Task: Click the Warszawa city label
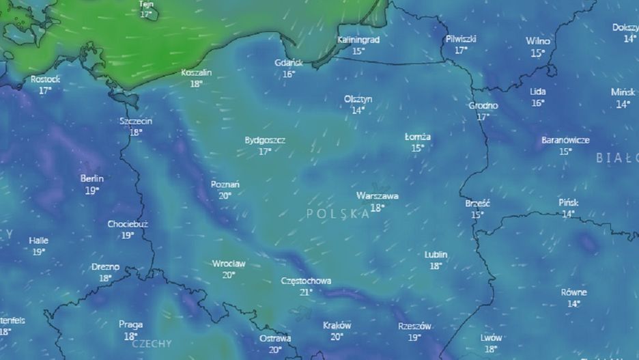click(x=377, y=196)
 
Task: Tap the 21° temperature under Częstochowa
click(x=306, y=292)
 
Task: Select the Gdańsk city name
click(x=288, y=63)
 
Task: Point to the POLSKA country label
click(x=339, y=214)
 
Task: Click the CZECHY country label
click(x=152, y=344)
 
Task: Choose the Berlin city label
click(x=92, y=179)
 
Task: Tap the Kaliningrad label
click(x=358, y=40)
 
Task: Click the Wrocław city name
click(x=229, y=263)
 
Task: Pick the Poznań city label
click(x=225, y=184)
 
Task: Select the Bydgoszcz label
click(x=265, y=140)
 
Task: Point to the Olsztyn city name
click(x=358, y=99)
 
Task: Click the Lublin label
click(x=436, y=254)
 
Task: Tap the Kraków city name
click(x=337, y=325)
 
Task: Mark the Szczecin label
click(x=135, y=121)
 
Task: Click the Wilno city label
click(x=538, y=41)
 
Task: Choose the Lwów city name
click(x=491, y=337)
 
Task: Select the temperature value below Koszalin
click(x=197, y=84)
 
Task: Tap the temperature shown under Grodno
click(x=483, y=117)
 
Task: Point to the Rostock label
click(x=45, y=79)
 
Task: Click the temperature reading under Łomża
click(x=417, y=148)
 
